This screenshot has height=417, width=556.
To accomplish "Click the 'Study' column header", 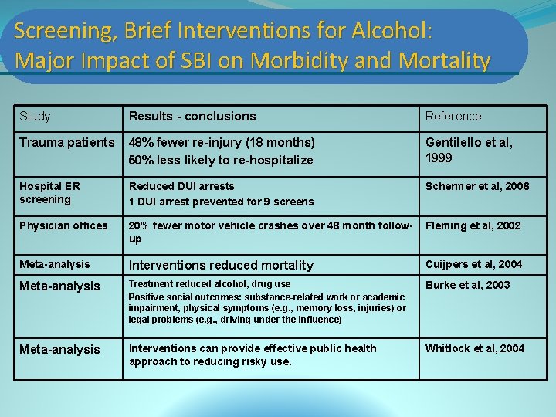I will click(35, 117).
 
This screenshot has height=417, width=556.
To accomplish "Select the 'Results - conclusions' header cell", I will click(192, 117).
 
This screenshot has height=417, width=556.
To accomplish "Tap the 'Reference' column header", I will click(453, 117).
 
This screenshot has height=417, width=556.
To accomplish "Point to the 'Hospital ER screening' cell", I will click(51, 192).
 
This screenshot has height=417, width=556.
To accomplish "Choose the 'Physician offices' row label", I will click(63, 225).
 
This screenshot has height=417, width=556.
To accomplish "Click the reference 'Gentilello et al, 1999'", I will click(469, 150).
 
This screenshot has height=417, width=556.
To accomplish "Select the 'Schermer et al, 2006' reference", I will click(477, 186).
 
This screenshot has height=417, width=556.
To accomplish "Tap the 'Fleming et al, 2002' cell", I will click(473, 225).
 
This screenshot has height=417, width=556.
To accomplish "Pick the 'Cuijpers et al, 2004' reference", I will click(473, 264).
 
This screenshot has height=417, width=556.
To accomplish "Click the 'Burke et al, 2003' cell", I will click(467, 285).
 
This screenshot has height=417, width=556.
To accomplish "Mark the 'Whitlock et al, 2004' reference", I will click(474, 348).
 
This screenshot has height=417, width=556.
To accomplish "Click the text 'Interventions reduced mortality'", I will click(221, 265).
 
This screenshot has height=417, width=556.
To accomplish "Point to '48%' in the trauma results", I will click(141, 142).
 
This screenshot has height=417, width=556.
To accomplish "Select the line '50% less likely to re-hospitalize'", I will click(221, 160).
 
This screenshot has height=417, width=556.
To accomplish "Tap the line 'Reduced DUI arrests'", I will click(181, 186).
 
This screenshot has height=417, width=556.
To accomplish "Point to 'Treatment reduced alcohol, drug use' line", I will click(209, 284).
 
